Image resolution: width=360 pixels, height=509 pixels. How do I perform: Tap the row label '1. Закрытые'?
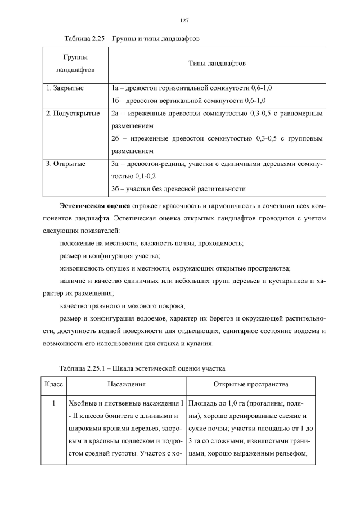(x=65, y=88)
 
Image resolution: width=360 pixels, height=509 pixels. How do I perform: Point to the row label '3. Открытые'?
(x=66, y=164)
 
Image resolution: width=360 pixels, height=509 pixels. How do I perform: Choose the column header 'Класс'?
(x=53, y=385)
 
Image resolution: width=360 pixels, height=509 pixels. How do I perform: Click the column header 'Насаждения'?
(x=127, y=385)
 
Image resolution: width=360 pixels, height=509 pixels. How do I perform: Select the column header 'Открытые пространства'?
(x=251, y=385)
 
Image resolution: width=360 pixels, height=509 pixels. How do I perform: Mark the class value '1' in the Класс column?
(x=53, y=403)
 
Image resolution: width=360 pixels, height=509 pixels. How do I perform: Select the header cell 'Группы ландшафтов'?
(x=75, y=64)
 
